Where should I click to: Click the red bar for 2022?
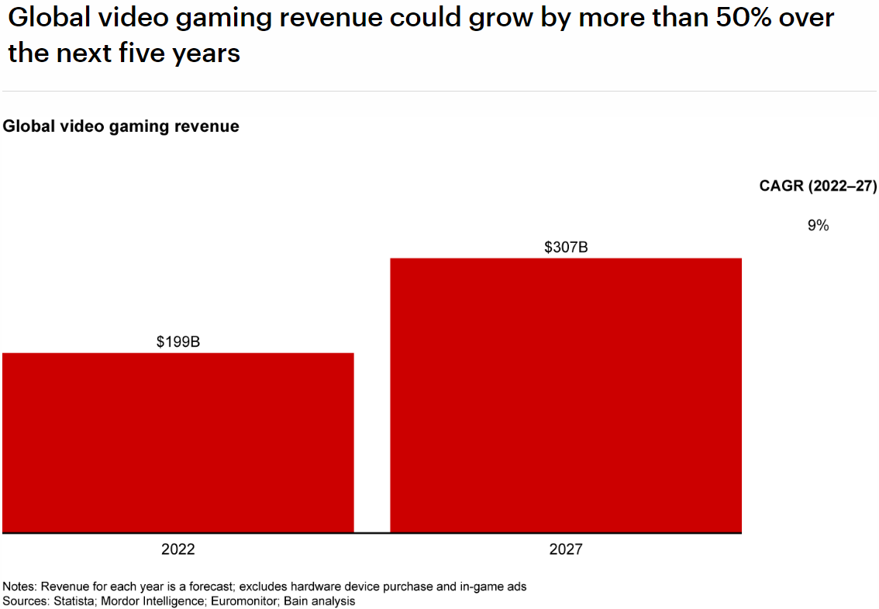tap(178, 442)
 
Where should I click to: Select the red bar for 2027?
tap(566, 395)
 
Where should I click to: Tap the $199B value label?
tap(178, 341)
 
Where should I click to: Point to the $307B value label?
tap(566, 247)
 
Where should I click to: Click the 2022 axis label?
tap(178, 550)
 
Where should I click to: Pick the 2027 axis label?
tap(566, 550)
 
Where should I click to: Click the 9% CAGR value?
tap(818, 226)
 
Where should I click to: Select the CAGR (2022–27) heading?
tap(818, 186)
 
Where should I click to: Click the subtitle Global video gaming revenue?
tap(121, 126)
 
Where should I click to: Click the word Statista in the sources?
tap(71, 601)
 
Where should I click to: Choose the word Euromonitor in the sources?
tap(239, 601)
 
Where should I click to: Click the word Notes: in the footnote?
tap(20, 587)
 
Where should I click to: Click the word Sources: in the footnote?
tap(25, 601)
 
